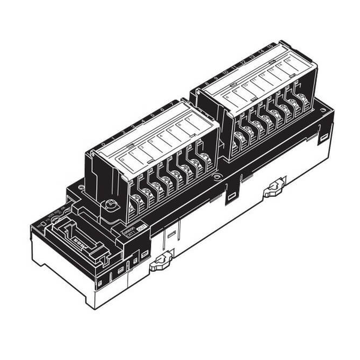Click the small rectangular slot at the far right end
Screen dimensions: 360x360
pyautogui.click(x=324, y=137)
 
